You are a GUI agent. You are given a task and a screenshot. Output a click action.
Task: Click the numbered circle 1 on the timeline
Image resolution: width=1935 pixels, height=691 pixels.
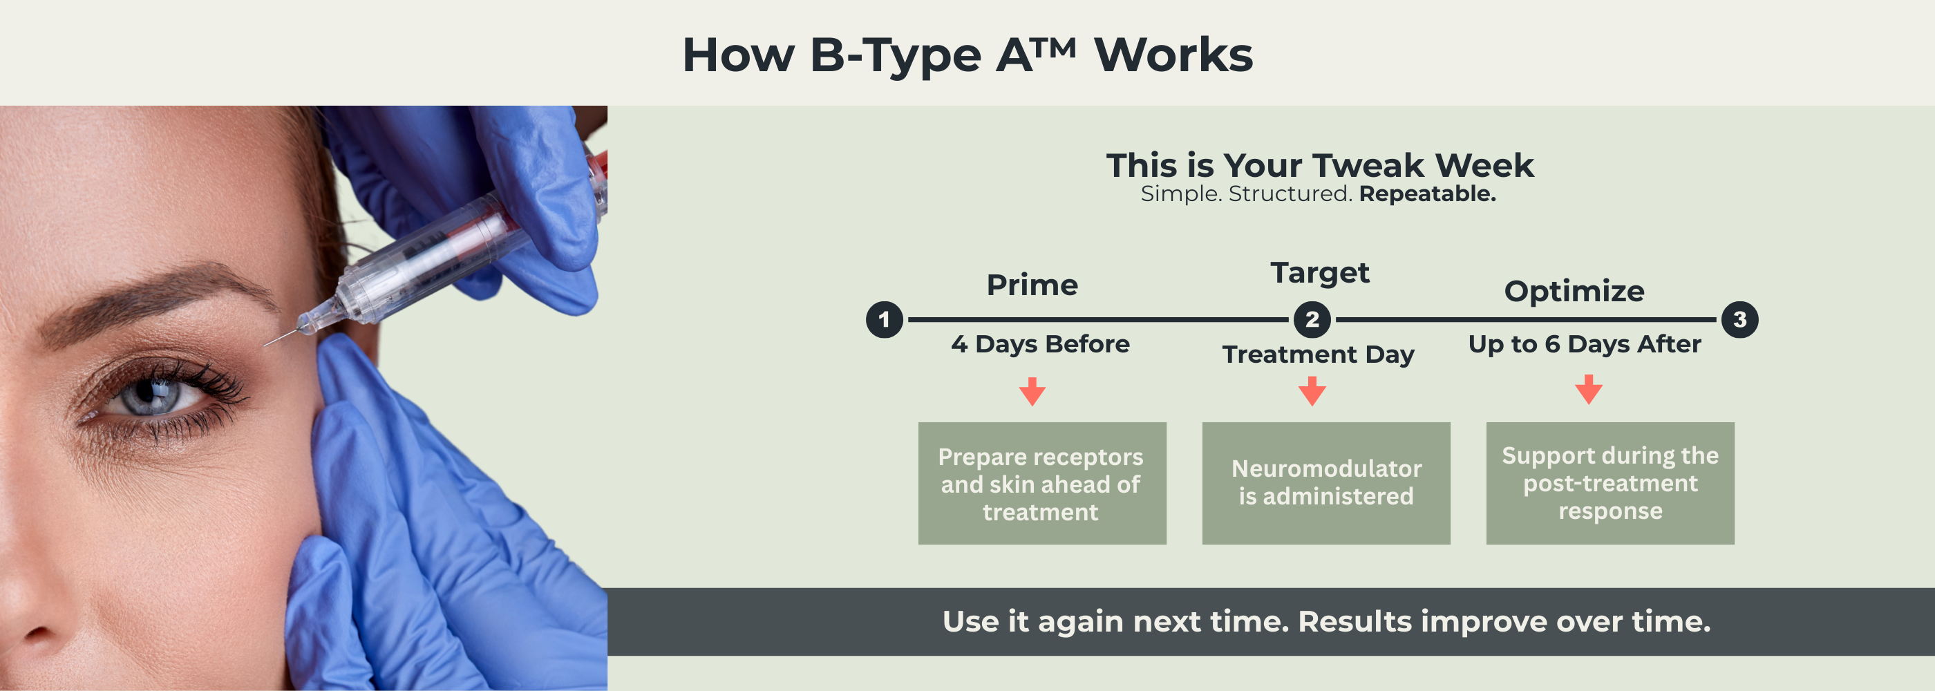(884, 320)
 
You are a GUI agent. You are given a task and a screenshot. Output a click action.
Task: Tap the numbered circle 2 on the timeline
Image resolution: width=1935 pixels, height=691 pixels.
(1312, 320)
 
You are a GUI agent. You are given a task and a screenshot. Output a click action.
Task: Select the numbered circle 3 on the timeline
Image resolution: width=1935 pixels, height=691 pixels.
(1739, 320)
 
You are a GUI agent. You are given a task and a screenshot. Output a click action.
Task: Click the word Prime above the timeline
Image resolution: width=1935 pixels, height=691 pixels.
(1032, 285)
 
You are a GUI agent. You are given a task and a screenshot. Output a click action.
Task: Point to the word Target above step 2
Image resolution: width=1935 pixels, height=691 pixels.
(1320, 274)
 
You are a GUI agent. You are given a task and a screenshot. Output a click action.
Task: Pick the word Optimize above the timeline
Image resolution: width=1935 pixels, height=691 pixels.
(1574, 292)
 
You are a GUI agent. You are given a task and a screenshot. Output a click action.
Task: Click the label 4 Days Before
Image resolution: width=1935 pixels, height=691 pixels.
(1039, 344)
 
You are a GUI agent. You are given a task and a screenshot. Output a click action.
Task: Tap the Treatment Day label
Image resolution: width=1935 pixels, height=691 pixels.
(1318, 354)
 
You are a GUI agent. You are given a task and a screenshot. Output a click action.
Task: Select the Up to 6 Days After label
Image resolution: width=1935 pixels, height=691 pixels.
(1584, 344)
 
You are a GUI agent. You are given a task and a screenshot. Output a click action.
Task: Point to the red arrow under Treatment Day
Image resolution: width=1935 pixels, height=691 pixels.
(1312, 391)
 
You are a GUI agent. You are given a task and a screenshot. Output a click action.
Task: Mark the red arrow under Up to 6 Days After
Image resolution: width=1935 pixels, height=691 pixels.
(1588, 390)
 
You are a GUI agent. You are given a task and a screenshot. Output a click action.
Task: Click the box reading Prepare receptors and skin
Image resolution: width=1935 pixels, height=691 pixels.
(1042, 484)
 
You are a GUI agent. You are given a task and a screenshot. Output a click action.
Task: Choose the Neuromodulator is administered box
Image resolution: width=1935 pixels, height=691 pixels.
(1325, 484)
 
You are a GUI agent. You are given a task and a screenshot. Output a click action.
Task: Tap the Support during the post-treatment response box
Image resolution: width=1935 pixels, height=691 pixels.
(1610, 484)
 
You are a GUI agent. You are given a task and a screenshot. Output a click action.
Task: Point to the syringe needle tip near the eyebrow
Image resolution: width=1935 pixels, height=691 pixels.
(267, 344)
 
